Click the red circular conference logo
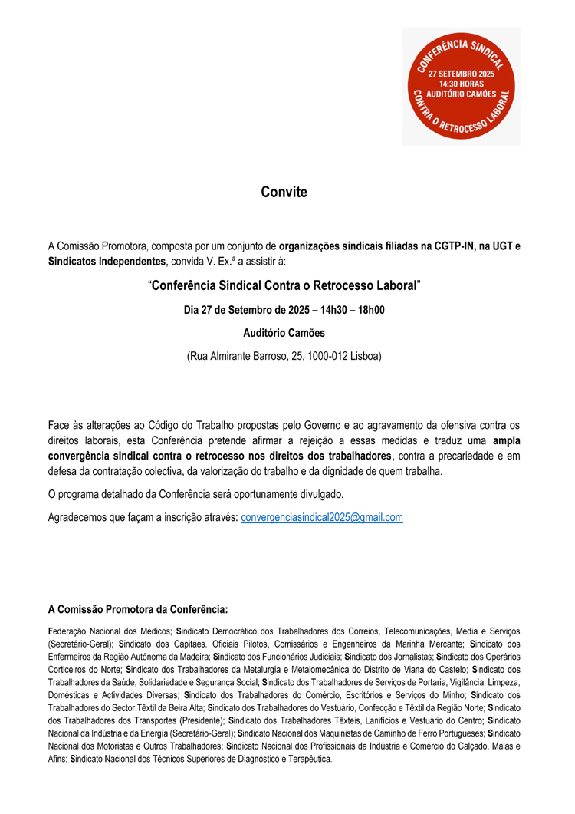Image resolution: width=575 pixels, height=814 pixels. pyautogui.click(x=462, y=87)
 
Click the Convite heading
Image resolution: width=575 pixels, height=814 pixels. pyautogui.click(x=284, y=192)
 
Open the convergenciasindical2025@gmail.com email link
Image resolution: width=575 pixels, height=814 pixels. pyautogui.click(x=322, y=518)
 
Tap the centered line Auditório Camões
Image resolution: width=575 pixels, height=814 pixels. pyautogui.click(x=284, y=334)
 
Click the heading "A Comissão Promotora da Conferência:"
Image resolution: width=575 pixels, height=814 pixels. pyautogui.click(x=138, y=610)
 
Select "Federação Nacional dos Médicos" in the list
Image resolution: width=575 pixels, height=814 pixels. pyautogui.click(x=107, y=630)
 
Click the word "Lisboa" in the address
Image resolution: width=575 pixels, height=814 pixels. pyautogui.click(x=364, y=357)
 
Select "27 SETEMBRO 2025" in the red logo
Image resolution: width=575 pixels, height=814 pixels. pyautogui.click(x=462, y=74)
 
